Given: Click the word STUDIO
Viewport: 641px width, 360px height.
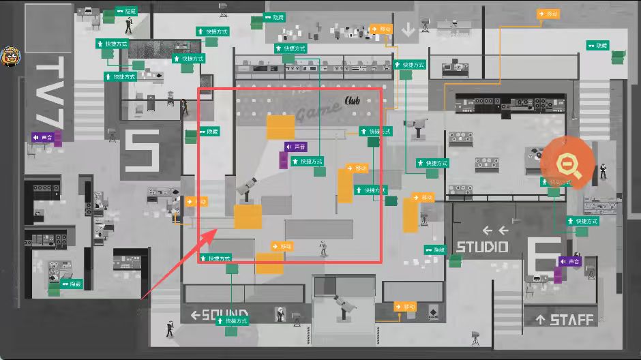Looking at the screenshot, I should click(482, 247).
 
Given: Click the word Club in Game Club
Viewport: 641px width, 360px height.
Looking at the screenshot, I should click(352, 101).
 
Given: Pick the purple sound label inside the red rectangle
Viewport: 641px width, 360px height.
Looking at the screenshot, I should click(295, 147).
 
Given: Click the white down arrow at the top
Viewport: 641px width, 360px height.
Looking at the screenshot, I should click(408, 29).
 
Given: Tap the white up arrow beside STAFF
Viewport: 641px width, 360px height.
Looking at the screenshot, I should click(541, 320).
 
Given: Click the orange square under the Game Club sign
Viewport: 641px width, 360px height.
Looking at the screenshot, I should click(280, 127).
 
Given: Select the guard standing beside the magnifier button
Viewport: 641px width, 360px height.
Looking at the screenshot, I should click(603, 171).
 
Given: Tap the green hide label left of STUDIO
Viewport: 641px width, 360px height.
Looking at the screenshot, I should click(434, 250).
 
